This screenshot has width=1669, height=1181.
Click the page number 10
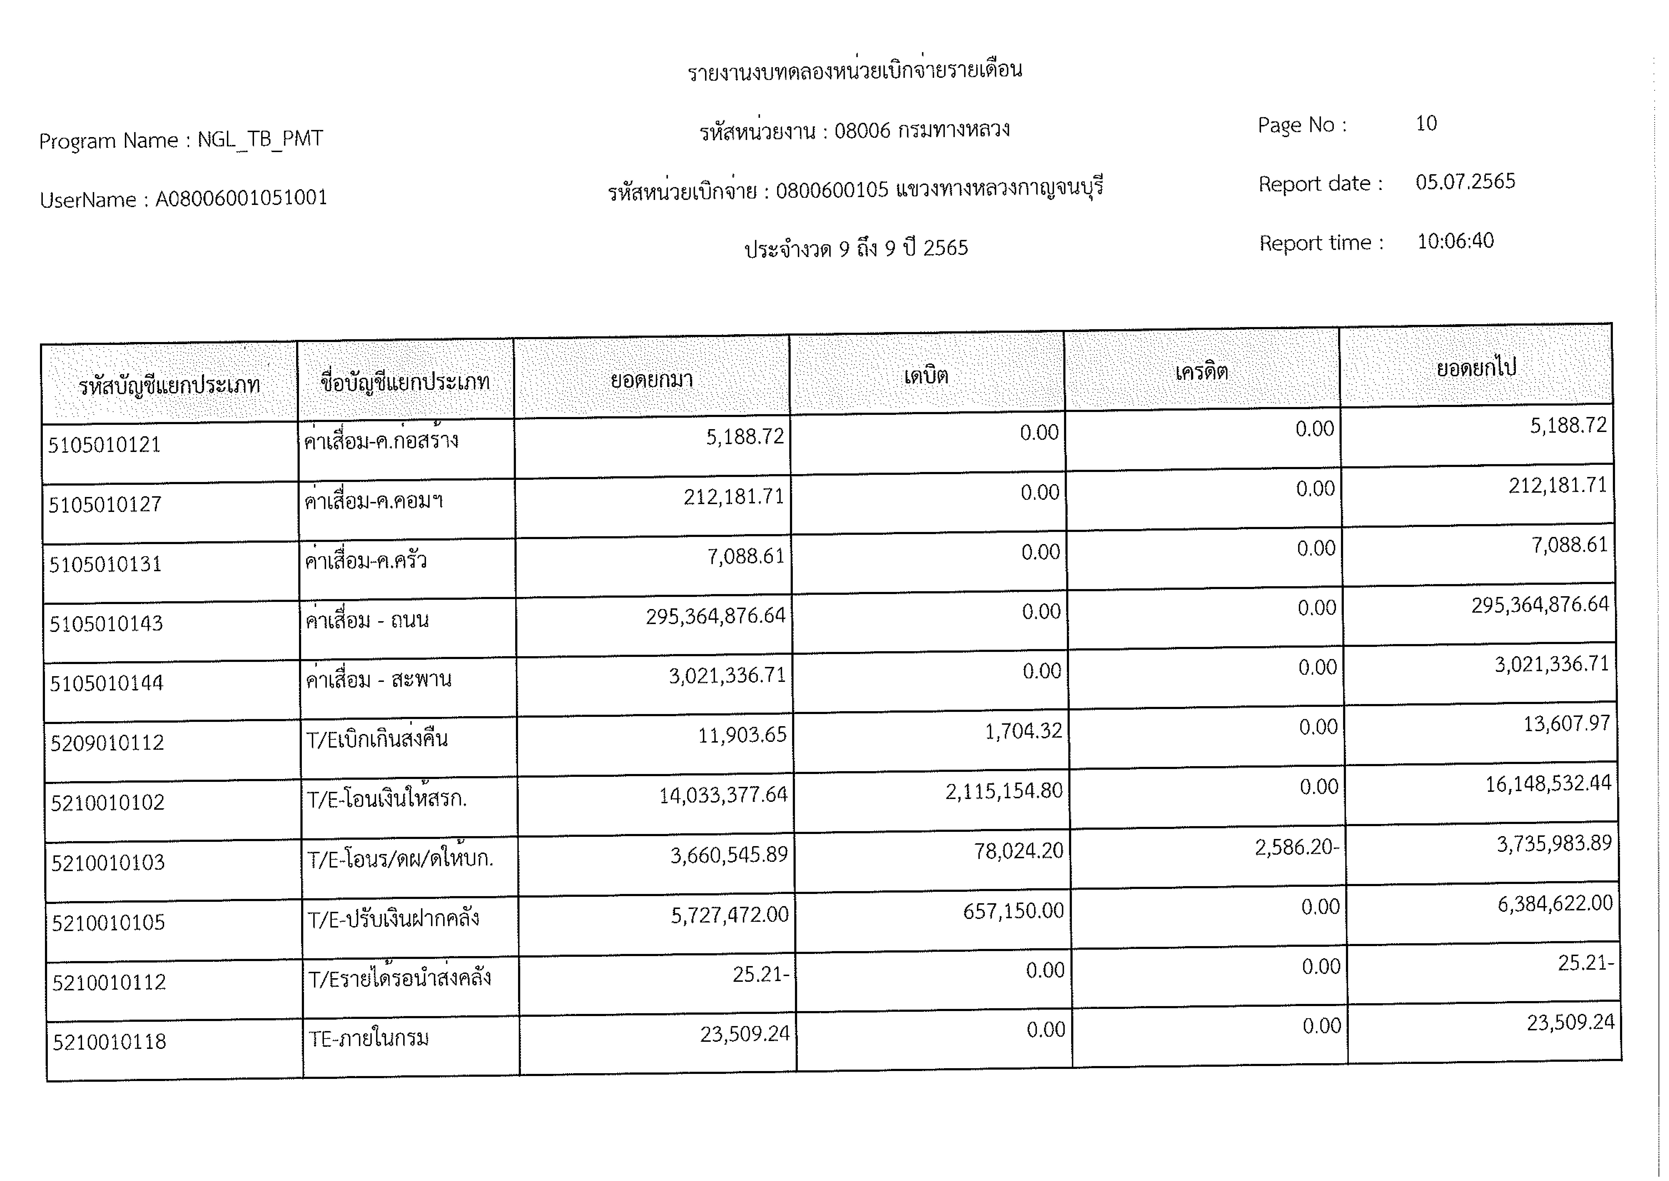(x=1425, y=124)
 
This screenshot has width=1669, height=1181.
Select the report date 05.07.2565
(x=1465, y=182)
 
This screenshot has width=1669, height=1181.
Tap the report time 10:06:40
(x=1455, y=241)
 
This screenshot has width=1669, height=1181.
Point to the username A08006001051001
(x=241, y=198)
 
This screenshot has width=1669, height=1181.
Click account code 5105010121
(x=105, y=444)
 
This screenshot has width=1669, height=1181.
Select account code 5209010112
(x=107, y=743)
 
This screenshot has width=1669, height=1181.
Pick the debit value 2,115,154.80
(x=1004, y=790)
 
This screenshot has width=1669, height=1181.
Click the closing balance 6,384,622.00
(x=1555, y=903)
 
